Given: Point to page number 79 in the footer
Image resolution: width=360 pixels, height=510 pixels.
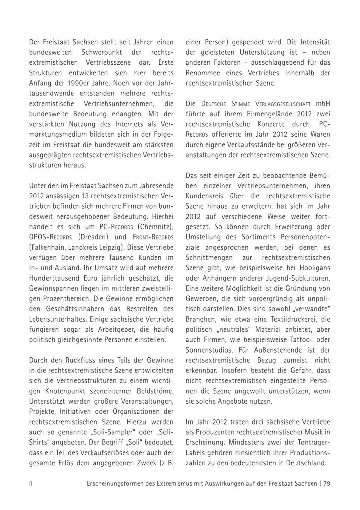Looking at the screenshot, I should pos(326,484).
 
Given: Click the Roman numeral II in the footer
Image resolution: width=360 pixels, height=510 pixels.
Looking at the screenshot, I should pos(31,484).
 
